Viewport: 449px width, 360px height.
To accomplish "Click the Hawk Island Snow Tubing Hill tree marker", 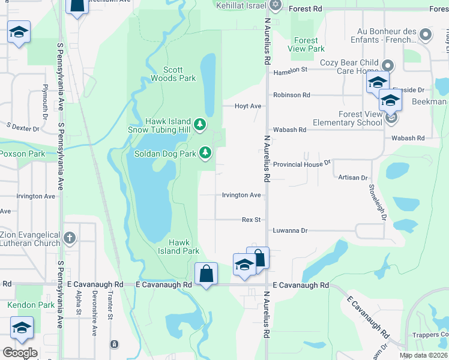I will (x=200, y=125).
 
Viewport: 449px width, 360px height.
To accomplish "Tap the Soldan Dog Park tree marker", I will (x=205, y=153).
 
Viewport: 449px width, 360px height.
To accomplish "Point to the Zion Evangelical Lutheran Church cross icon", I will (x=70, y=238).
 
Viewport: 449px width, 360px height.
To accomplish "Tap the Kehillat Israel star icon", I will (x=276, y=5).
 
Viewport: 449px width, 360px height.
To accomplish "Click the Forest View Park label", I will (x=306, y=45).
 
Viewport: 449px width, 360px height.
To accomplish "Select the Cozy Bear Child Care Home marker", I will (x=388, y=65).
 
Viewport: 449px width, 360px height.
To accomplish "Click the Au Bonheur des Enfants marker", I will (x=426, y=35).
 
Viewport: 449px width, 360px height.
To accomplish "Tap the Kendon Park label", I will (x=31, y=305).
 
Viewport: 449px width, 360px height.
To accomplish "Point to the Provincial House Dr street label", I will (x=302, y=164).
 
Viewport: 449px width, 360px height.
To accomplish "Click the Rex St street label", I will (x=251, y=220).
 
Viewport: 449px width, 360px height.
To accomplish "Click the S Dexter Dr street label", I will (x=23, y=128).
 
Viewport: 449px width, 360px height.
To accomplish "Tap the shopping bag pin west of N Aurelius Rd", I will (x=206, y=274).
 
